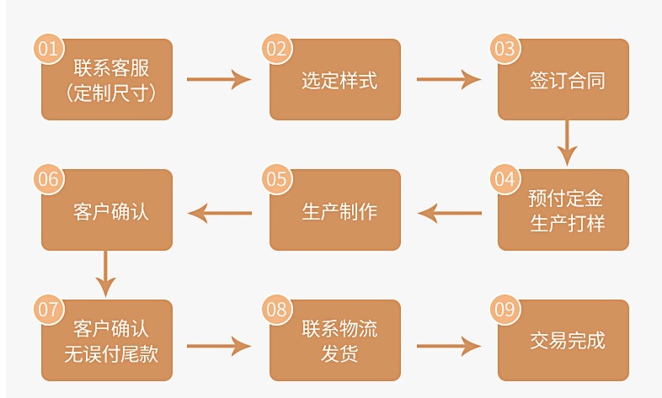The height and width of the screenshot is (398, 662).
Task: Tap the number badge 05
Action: coord(276,179)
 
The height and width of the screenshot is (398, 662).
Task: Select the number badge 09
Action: coord(504,310)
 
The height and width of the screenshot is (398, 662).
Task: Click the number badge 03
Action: coord(504,48)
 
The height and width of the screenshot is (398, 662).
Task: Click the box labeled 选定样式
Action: coord(335,80)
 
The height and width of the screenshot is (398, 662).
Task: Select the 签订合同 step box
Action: coord(563,80)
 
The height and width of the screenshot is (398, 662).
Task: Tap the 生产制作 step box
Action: coord(335,210)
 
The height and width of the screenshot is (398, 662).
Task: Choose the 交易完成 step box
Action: coord(563,341)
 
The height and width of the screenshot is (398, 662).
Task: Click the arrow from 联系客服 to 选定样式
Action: coord(219,80)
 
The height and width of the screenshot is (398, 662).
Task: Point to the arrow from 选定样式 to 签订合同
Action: coord(448,80)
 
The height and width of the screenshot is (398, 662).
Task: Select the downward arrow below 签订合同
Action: coord(567,142)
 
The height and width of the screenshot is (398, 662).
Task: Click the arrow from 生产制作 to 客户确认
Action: coord(220,211)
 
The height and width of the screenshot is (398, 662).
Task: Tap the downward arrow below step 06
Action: coord(105,273)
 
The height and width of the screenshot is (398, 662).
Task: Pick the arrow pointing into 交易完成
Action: coord(448,345)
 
